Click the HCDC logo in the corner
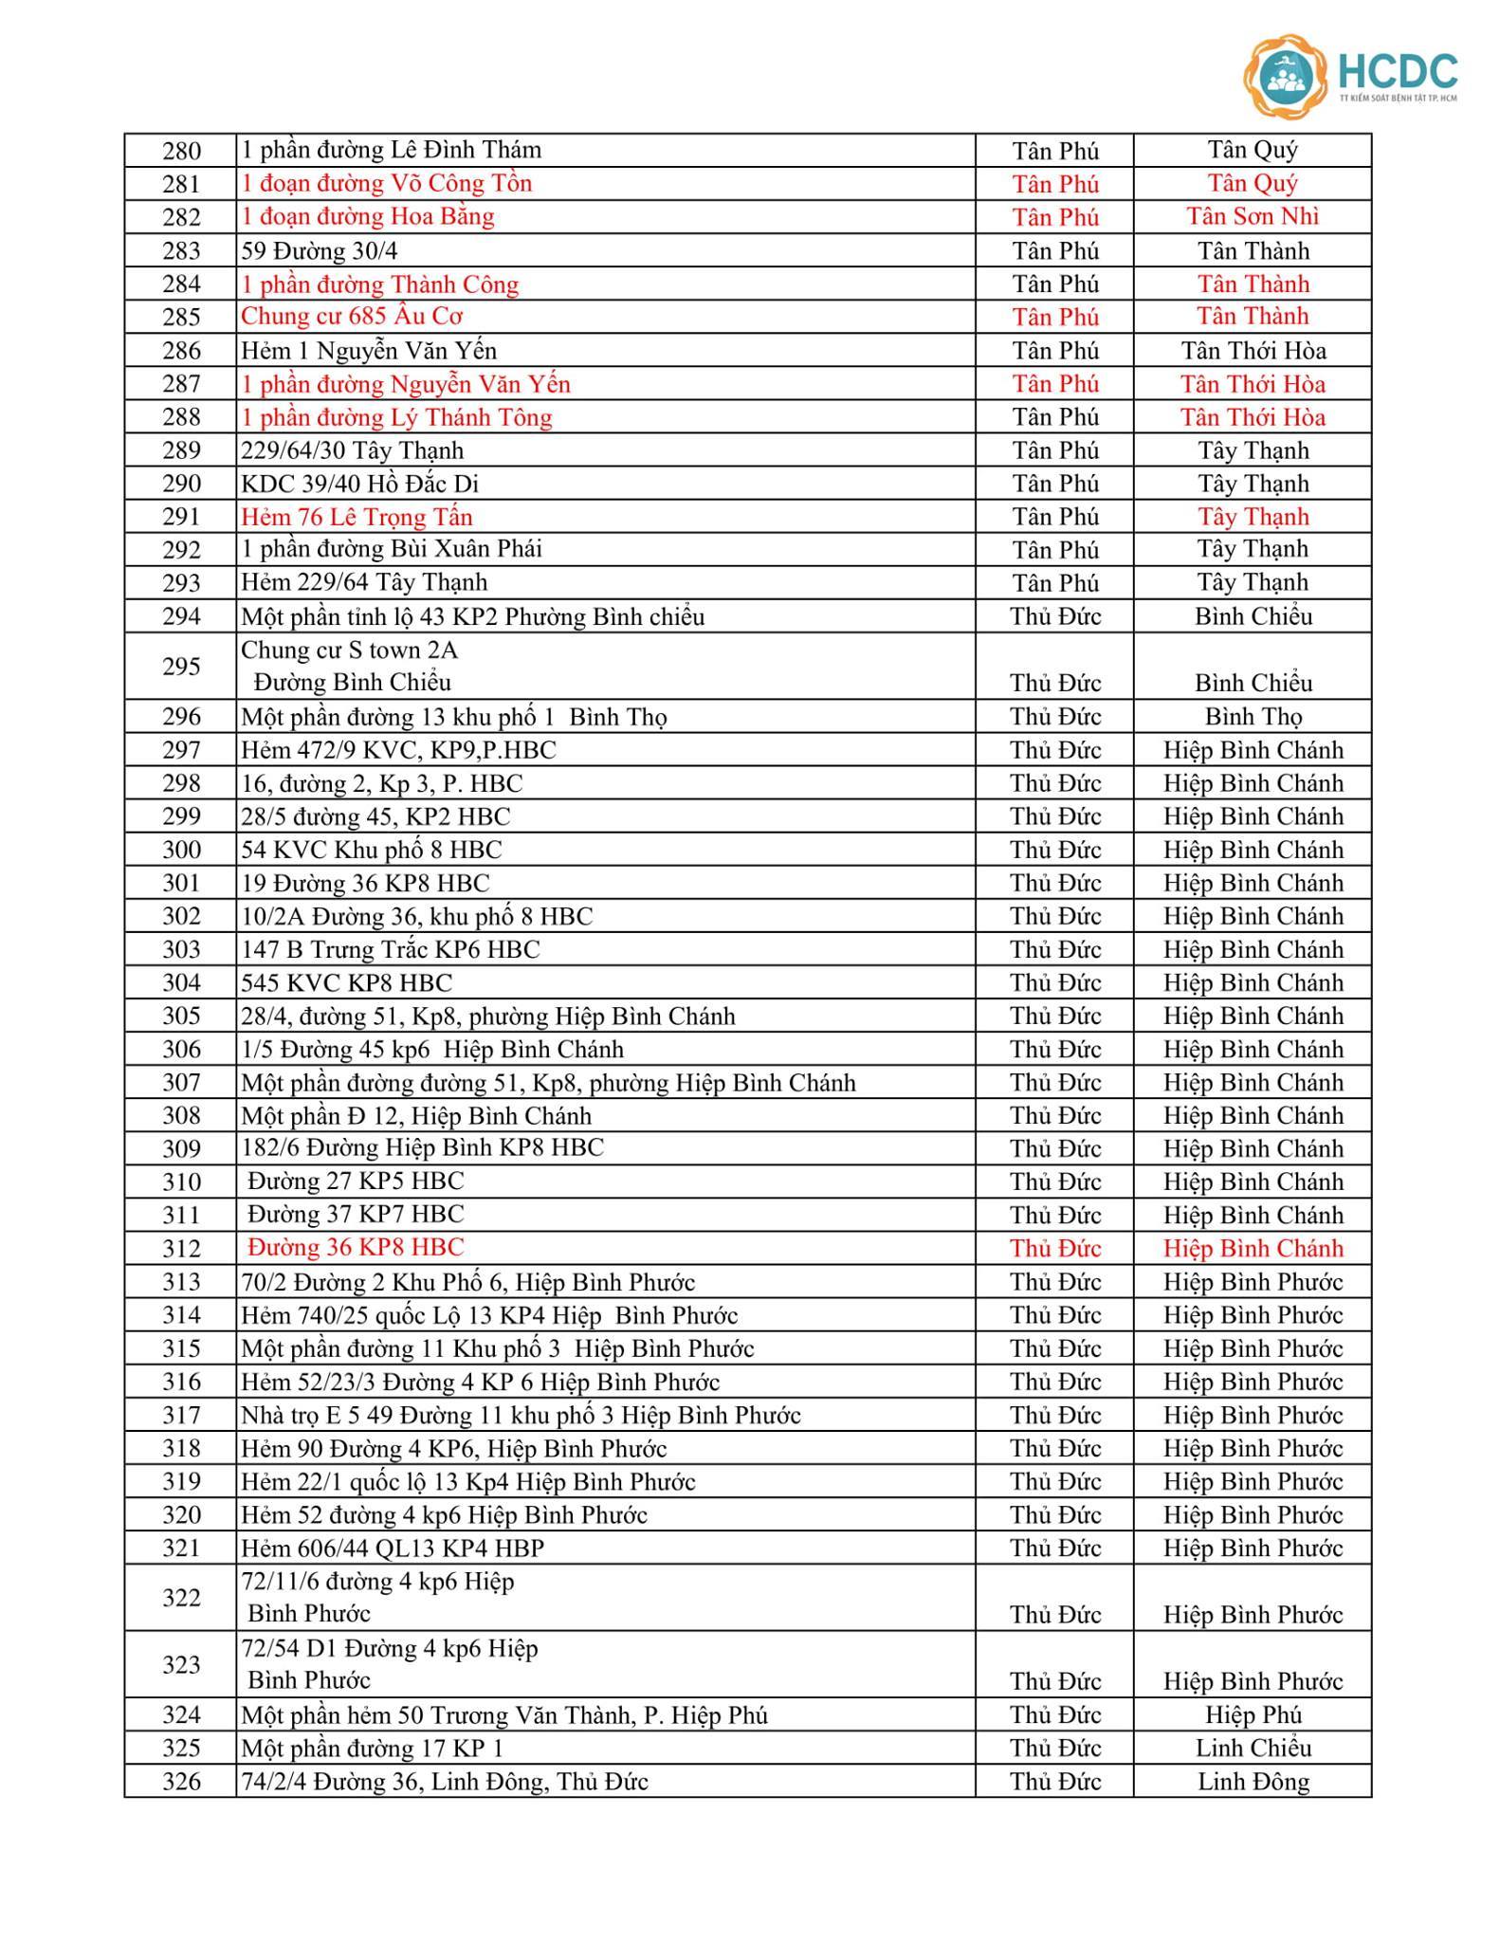click(x=1350, y=76)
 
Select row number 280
click(x=181, y=151)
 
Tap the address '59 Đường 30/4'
click(x=325, y=251)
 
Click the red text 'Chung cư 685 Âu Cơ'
click(x=352, y=317)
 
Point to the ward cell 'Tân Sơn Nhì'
click(x=1253, y=217)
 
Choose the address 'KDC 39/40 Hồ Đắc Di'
click(x=359, y=485)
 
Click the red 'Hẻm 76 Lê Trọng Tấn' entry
click(x=357, y=517)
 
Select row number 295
click(x=181, y=667)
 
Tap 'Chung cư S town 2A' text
click(x=349, y=650)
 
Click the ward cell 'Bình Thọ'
click(x=1253, y=717)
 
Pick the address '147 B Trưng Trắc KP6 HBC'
click(x=390, y=949)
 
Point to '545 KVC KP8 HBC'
click(x=346, y=982)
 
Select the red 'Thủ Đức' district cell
click(x=1055, y=1249)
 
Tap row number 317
click(x=181, y=1416)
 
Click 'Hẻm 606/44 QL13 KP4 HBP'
click(x=393, y=1548)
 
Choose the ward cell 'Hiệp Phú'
click(x=1253, y=1715)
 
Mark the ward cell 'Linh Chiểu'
click(x=1253, y=1749)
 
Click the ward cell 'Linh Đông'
click(x=1253, y=1782)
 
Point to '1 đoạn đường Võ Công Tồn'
click(x=386, y=184)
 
